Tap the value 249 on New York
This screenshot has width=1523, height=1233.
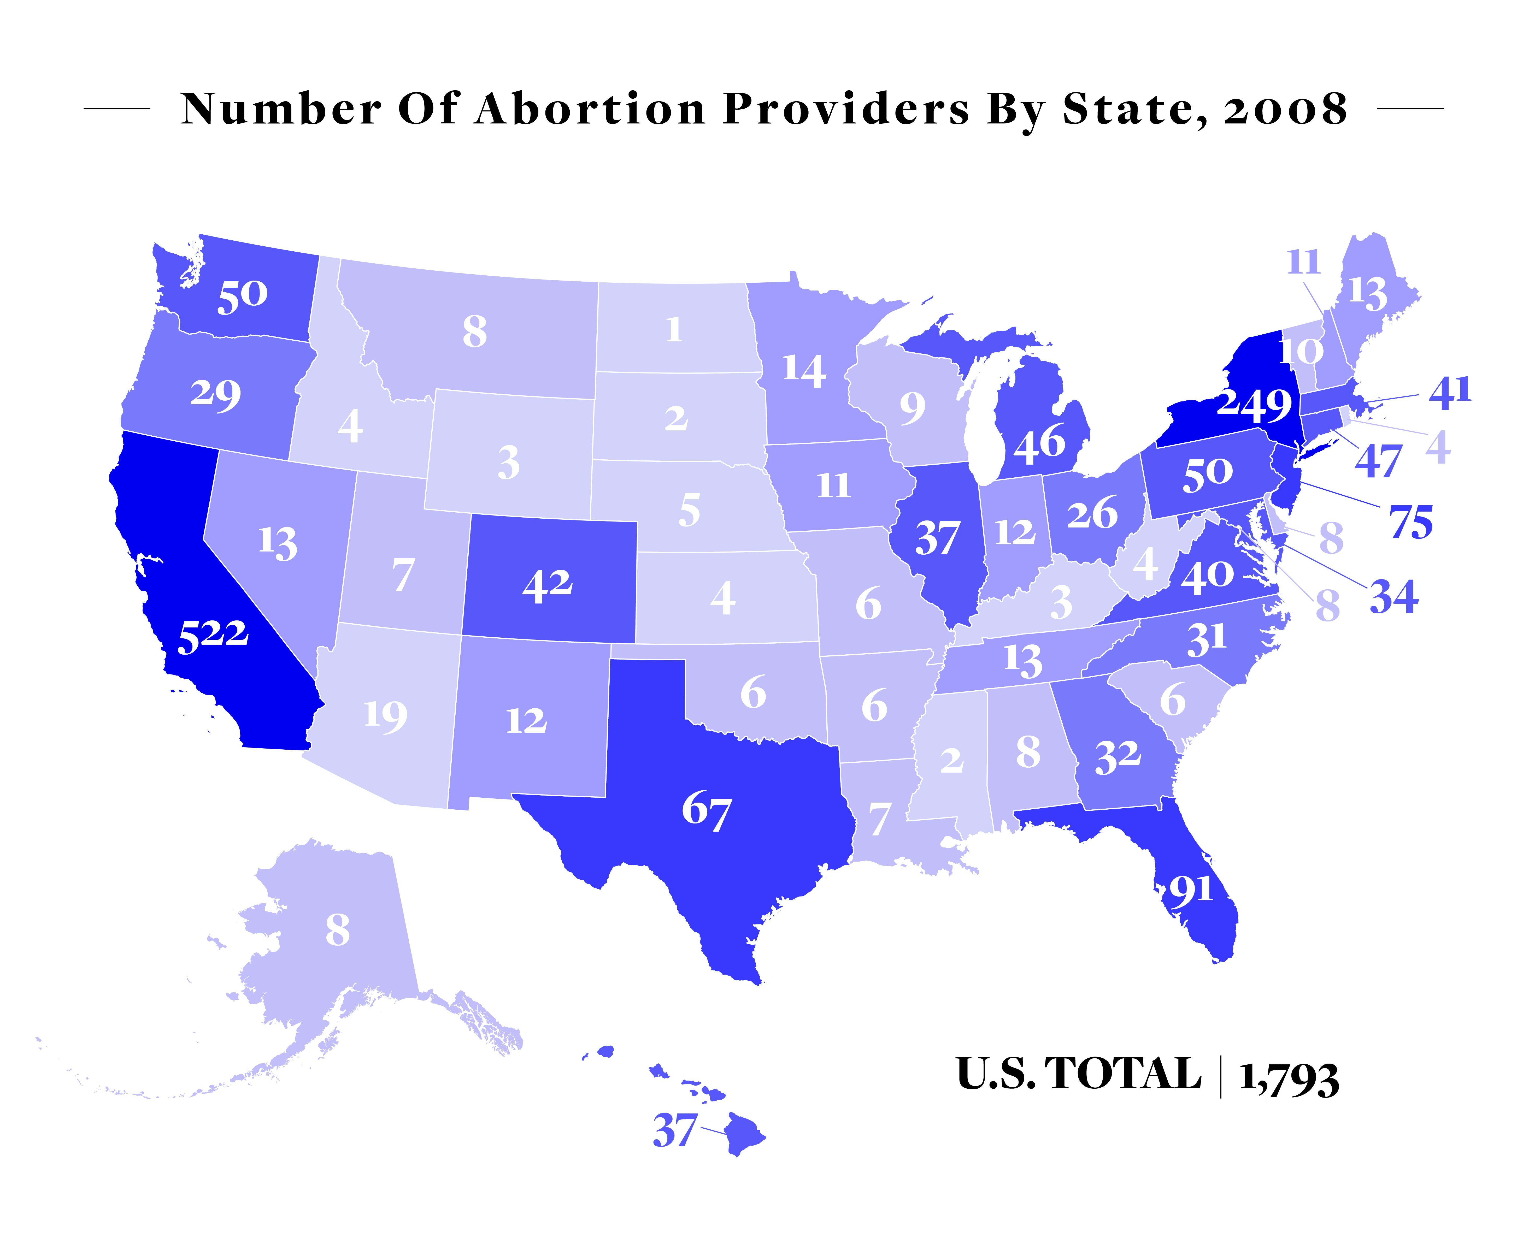tap(1254, 404)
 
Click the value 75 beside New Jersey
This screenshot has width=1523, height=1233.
tap(1411, 523)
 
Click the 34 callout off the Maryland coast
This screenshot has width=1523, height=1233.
tap(1394, 597)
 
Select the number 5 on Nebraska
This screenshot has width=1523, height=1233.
tap(689, 511)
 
